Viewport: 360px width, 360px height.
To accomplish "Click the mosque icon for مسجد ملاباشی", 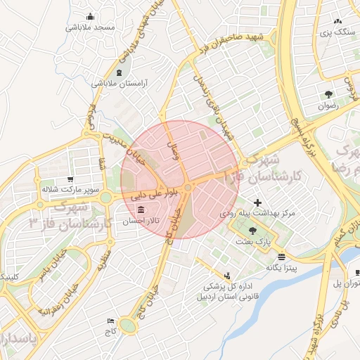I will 89,17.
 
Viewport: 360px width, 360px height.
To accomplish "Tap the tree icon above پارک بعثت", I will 252,231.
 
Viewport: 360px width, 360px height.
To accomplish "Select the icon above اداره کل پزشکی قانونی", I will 226,276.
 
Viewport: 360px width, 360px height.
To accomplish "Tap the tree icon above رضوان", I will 328,94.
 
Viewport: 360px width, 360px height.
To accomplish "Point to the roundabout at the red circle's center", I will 189,188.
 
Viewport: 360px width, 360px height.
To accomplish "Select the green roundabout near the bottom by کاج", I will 128,325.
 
